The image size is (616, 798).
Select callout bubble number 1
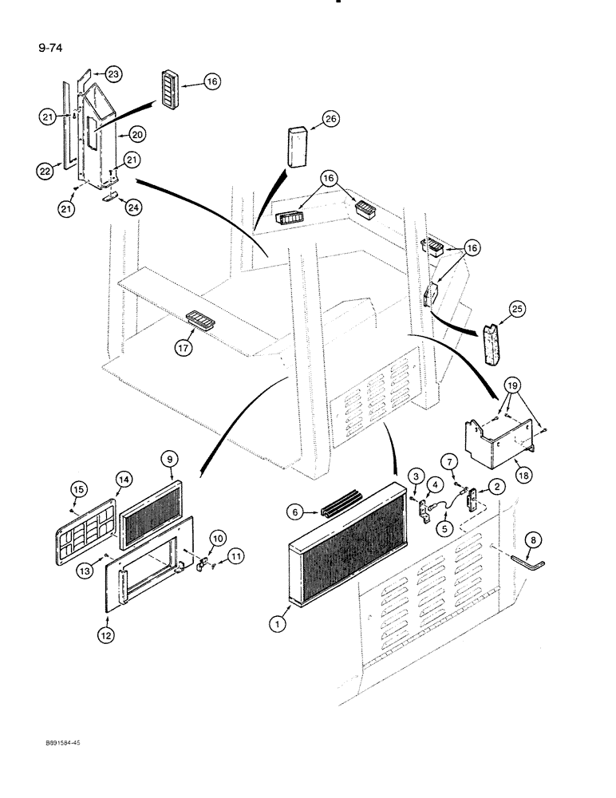tap(276, 626)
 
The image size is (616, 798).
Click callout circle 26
tap(330, 120)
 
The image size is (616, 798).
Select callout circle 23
tap(114, 73)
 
